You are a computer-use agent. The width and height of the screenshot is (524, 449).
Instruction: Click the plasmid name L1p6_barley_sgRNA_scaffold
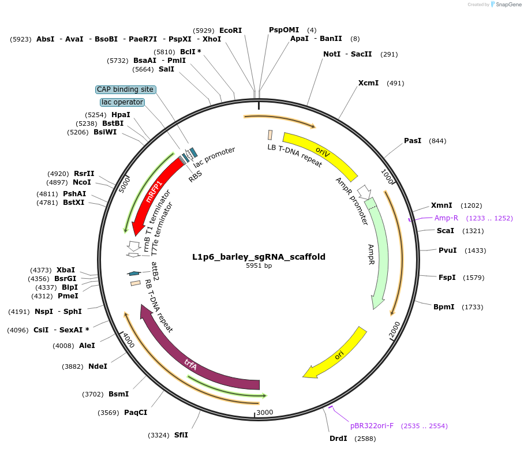tap(259, 257)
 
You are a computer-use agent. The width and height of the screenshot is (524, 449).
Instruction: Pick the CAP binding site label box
tap(125, 89)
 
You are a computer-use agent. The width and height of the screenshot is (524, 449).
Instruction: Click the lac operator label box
tap(122, 102)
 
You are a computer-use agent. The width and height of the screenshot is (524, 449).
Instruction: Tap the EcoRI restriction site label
tap(230, 30)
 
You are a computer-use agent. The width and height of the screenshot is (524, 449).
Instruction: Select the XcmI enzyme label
tap(368, 83)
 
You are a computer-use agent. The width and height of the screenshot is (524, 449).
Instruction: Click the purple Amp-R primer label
tap(446, 218)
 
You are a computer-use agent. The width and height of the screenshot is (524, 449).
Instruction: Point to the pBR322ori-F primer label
tap(372, 426)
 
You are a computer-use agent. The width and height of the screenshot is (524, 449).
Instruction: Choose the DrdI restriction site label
tap(338, 439)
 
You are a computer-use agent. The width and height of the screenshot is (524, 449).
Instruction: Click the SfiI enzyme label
tap(181, 435)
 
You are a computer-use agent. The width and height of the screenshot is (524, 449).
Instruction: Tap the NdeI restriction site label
tap(98, 366)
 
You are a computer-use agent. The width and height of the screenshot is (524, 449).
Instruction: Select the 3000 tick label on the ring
tap(264, 413)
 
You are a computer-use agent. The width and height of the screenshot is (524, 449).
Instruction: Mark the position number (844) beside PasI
tap(437, 141)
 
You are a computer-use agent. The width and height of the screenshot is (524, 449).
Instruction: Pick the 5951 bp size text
tap(259, 266)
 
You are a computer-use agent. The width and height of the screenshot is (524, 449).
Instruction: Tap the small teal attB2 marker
tap(134, 273)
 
